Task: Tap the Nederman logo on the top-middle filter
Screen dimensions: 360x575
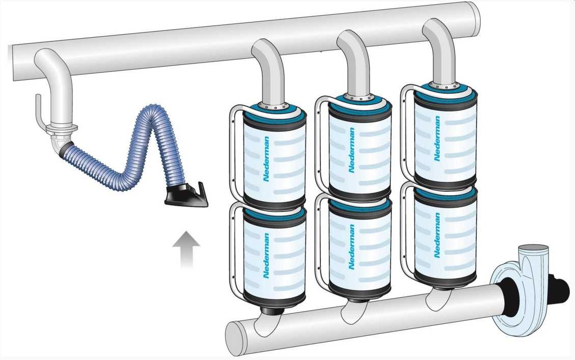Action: click(x=351, y=150)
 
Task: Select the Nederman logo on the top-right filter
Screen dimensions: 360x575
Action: click(x=437, y=139)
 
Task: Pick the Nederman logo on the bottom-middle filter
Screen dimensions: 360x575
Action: click(x=351, y=247)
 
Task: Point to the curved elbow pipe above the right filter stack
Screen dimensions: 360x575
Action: click(x=439, y=48)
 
